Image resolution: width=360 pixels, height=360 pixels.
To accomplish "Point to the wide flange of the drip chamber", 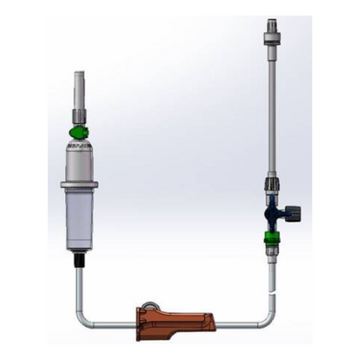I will tap(80, 183).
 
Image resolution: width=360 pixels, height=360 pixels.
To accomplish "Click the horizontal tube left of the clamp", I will tap(111, 322).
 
